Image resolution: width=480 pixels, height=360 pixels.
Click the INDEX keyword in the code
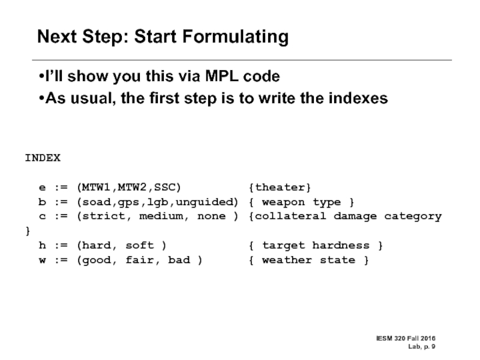pyautogui.click(x=42, y=158)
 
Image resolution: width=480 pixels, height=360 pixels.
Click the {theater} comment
pyautogui.click(x=280, y=187)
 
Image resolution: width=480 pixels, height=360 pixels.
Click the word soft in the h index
pyautogui.click(x=142, y=245)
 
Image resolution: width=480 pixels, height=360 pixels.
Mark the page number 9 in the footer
pyautogui.click(x=433, y=346)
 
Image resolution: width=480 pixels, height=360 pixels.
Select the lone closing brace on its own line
pyautogui.click(x=27, y=231)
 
